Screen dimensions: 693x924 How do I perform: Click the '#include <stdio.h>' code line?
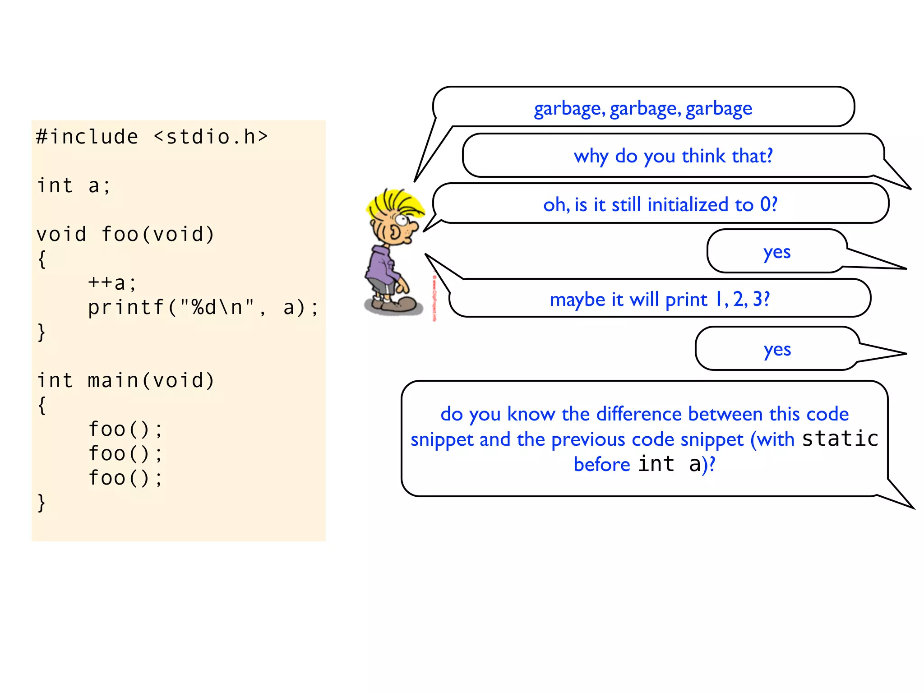coord(152,137)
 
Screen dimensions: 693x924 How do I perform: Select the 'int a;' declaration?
coord(74,185)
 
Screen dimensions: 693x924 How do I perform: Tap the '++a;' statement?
coord(112,283)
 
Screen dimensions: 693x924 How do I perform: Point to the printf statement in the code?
coord(203,307)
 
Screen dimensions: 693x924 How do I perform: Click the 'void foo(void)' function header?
coord(125,234)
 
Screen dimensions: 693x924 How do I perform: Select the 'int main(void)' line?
coord(125,380)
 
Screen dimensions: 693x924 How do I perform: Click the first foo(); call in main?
coord(125,429)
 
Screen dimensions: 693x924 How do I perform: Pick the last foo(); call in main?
coord(125,478)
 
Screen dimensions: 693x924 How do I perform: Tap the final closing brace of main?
coord(42,502)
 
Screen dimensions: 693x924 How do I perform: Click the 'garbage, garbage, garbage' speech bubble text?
coord(643,108)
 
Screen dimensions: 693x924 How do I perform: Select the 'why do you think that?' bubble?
coord(673,156)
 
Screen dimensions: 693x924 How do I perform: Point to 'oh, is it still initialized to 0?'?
coord(660,204)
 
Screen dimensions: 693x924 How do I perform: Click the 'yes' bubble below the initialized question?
coord(777,252)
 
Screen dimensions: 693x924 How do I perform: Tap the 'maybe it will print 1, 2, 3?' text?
coord(660,299)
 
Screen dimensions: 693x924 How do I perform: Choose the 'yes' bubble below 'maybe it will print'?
coord(777,349)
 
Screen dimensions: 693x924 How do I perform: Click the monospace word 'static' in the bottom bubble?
coord(840,439)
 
